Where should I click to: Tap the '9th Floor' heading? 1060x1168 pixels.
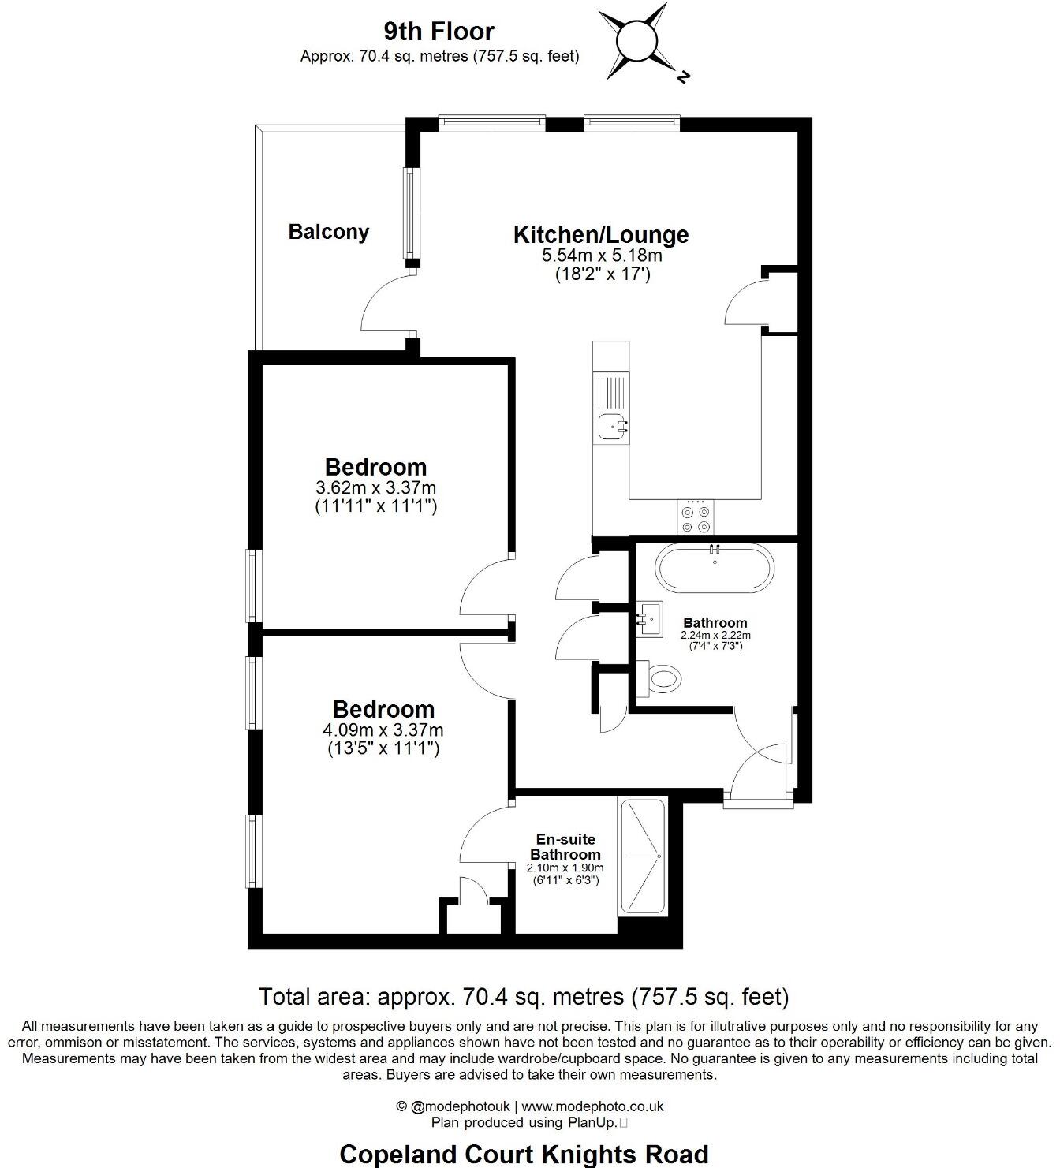pos(439,32)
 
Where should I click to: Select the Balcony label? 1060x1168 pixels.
pos(328,232)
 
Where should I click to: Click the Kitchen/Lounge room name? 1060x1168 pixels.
pos(600,234)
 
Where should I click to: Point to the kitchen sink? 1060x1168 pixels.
pos(613,427)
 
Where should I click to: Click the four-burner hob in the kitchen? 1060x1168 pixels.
pos(695,518)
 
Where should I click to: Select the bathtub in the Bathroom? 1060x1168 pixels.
pos(715,568)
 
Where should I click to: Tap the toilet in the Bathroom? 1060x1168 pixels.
pos(659,677)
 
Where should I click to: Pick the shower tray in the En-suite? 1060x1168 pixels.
pos(642,856)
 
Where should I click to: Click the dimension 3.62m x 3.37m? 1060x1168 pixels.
pos(375,487)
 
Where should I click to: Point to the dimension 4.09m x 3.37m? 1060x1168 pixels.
pos(383,730)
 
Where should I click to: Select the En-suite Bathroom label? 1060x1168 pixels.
pos(564,847)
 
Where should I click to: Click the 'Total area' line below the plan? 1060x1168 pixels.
pos(524,997)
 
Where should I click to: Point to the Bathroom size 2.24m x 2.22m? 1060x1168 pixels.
pos(715,635)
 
